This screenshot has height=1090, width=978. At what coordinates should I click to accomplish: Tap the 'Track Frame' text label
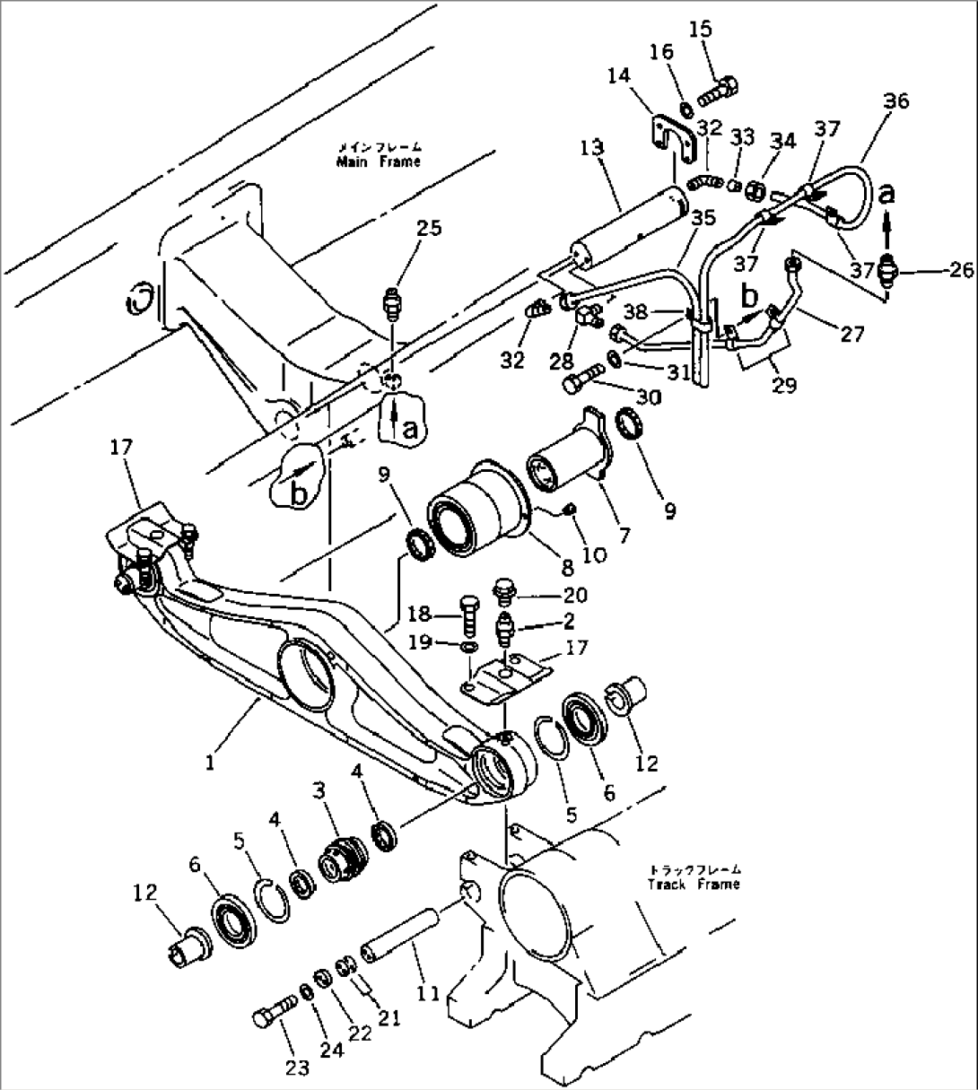694,884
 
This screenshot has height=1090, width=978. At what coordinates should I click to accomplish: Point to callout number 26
960,269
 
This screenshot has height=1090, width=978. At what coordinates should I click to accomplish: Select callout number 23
298,1067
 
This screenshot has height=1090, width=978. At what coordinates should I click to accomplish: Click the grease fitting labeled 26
889,269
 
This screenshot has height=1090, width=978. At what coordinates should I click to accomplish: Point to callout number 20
575,596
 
